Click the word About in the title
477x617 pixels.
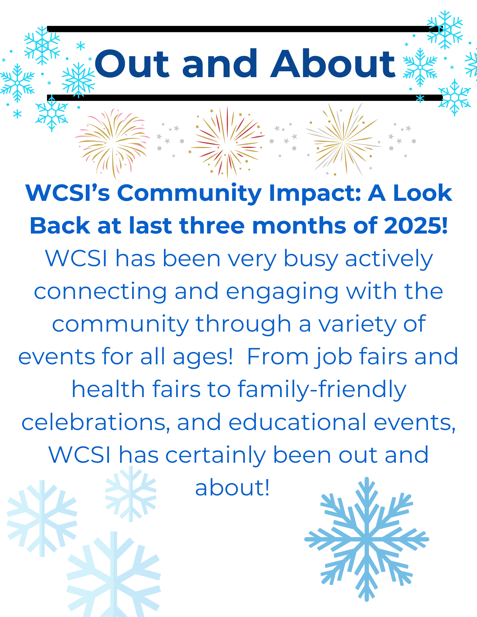[333, 64]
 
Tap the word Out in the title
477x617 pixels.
[132, 64]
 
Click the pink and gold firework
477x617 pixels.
[112, 143]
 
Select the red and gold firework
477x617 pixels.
[227, 143]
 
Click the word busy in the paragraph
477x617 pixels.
[311, 259]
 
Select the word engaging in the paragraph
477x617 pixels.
[282, 292]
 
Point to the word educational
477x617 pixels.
[297, 422]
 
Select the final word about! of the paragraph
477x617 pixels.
[232, 488]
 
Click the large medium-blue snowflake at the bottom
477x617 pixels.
[367, 539]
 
